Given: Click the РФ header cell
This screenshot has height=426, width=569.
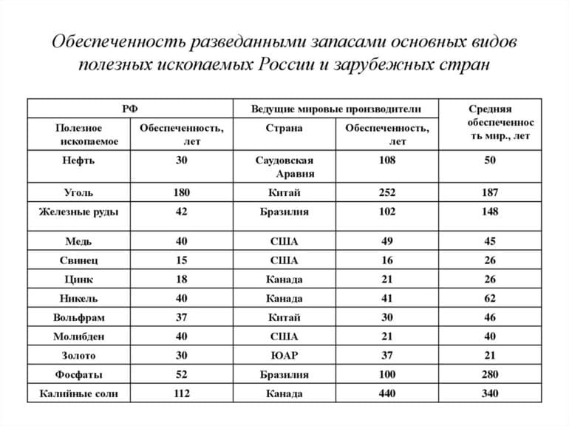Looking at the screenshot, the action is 130,108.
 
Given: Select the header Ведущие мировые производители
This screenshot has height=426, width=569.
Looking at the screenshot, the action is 335,108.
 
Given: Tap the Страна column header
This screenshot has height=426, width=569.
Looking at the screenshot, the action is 284,127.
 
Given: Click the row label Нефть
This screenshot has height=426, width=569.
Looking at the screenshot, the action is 78,160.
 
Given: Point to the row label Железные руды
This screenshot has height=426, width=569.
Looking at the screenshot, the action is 78,212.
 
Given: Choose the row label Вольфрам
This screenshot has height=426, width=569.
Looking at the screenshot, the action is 78,317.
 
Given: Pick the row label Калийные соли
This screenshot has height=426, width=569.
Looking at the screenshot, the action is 78,393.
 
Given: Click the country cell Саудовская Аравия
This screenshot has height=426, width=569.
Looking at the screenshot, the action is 284,167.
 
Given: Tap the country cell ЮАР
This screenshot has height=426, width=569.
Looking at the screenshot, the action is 284,356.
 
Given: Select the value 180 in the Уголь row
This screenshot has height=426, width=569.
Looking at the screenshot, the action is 181,192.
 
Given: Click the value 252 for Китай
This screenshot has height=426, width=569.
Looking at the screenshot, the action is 386,192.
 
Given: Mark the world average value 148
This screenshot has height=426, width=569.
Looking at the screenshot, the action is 489,212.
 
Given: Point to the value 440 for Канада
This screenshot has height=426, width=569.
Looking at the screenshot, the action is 386,393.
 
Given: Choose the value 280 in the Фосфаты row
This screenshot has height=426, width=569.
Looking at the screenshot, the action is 489,374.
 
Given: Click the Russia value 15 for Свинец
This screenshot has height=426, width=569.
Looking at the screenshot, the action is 181,260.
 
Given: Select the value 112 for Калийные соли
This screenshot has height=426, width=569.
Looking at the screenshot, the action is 181,393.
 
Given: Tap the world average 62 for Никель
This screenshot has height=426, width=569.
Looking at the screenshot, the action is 489,298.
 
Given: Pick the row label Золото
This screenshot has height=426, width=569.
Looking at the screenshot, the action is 78,356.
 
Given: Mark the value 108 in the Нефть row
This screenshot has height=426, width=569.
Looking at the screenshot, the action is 386,160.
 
